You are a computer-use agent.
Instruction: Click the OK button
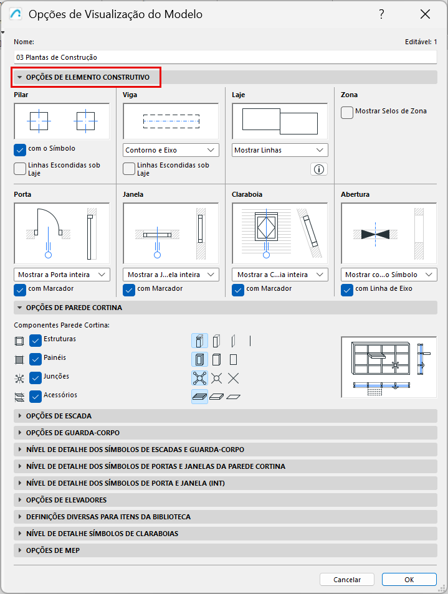point(409,580)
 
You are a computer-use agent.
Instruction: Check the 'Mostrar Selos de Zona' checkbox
point(347,113)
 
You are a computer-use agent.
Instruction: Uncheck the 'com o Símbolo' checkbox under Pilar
point(20,150)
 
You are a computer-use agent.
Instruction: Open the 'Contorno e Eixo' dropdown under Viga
point(171,150)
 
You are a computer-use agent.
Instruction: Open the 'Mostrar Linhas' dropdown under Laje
point(280,150)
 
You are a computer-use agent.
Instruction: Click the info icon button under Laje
point(319,169)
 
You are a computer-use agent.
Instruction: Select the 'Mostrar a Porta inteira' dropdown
point(62,275)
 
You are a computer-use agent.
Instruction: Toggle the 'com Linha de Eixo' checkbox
point(347,290)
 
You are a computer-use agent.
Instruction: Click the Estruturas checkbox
point(36,341)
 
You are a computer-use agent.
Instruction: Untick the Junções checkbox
point(36,378)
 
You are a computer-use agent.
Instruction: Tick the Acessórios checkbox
point(36,396)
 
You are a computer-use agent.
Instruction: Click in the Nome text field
point(226,57)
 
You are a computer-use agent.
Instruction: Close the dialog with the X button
point(426,14)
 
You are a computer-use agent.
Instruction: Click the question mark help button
point(382,14)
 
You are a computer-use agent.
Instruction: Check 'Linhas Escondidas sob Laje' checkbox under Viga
point(129,169)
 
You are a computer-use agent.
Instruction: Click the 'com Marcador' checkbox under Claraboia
point(238,290)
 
